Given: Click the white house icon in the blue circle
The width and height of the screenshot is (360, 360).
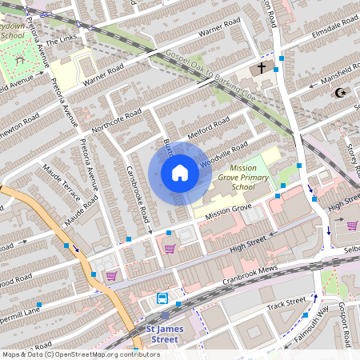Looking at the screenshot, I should coord(179,172).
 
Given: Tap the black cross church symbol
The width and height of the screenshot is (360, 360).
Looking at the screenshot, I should coord(261,68).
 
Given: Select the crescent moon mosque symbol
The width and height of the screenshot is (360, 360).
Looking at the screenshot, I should coord(341,93).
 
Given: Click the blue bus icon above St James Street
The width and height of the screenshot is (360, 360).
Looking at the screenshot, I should coord(162,298).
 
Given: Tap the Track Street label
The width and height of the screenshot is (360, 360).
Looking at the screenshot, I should coord(286,303).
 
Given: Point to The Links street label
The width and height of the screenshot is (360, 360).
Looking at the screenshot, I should coord(63,40).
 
